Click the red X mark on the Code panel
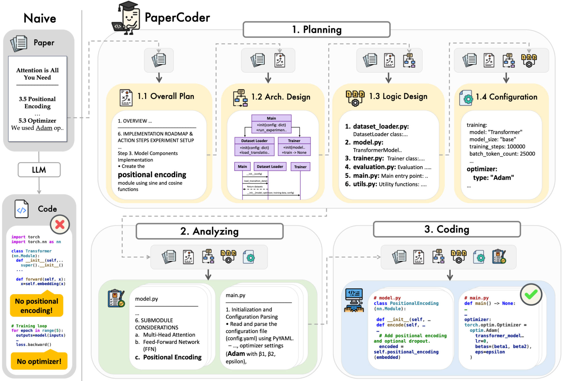pyautogui.click(x=60, y=224)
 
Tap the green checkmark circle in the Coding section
pyautogui.click(x=531, y=295)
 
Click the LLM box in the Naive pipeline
pyautogui.click(x=39, y=170)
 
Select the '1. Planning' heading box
pyautogui.click(x=316, y=29)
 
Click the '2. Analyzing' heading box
pyautogui.click(x=209, y=231)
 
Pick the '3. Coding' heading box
pyautogui.click(x=447, y=229)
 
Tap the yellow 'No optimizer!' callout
pyautogui.click(x=39, y=361)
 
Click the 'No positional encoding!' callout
pyautogui.click(x=37, y=306)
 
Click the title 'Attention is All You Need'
pyautogui.click(x=38, y=74)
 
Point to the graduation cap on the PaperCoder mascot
pyautogui.click(x=128, y=6)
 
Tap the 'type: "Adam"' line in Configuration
pyautogui.click(x=493, y=178)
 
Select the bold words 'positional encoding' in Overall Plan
pyautogui.click(x=152, y=174)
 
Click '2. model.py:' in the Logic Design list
pyautogui.click(x=364, y=142)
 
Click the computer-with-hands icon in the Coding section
pyautogui.click(x=354, y=300)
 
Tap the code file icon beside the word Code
pyautogui.click(x=22, y=209)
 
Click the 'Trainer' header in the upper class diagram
pyautogui.click(x=294, y=141)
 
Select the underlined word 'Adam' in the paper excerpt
pyautogui.click(x=44, y=128)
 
